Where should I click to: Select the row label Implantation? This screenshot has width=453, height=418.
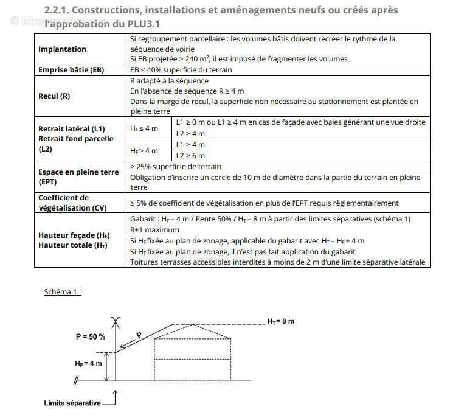[x=62, y=49]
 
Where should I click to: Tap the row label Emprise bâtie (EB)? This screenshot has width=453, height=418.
[x=71, y=70]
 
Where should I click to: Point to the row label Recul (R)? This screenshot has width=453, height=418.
[x=54, y=96]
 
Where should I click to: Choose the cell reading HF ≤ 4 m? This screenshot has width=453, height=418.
[x=144, y=128]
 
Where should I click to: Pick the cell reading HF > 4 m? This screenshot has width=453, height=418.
[x=144, y=150]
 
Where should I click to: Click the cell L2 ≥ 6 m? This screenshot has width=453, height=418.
[x=190, y=156]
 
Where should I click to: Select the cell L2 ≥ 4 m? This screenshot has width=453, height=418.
[x=190, y=134]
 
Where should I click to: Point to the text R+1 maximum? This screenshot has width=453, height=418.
[x=154, y=230]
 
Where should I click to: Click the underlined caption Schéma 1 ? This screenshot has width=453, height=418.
[x=63, y=291]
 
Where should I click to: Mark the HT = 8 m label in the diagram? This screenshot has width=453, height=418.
[x=280, y=321]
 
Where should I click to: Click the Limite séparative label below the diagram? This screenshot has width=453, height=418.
[x=72, y=403]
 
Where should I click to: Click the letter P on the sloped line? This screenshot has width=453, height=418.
[x=139, y=335]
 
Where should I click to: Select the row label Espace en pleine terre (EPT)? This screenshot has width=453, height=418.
[x=78, y=177]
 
